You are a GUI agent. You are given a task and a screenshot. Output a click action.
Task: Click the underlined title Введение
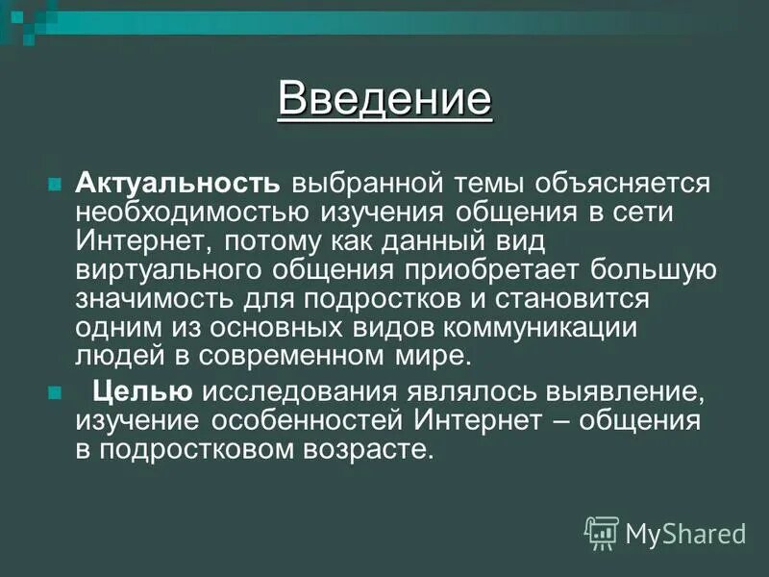pos(384,99)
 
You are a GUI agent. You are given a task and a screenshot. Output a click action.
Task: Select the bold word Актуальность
pos(178,183)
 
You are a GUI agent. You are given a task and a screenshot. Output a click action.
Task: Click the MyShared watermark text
pos(684,532)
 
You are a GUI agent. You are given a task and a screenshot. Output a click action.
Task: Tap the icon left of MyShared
pos(601,532)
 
